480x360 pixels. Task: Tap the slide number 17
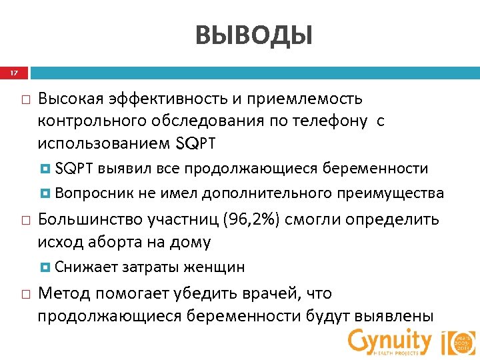coord(14,72)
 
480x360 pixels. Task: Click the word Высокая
coord(70,99)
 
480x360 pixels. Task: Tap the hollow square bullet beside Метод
coord(23,294)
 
